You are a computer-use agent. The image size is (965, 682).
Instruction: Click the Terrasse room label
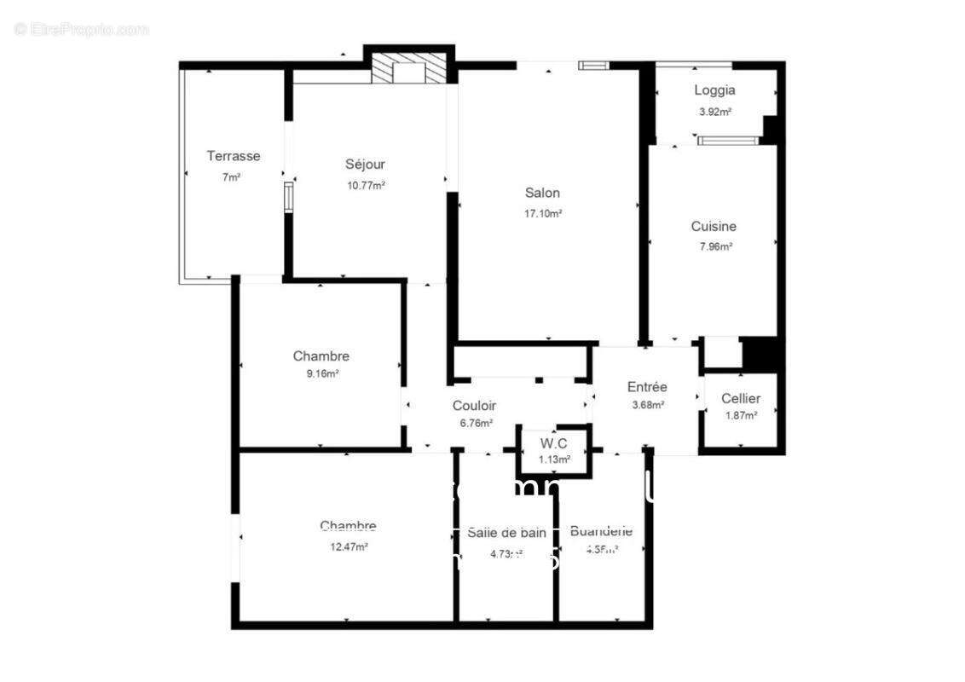coord(233,156)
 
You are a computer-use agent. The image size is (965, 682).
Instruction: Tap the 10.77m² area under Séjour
coord(366,185)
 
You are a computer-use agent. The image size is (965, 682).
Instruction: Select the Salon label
coord(542,193)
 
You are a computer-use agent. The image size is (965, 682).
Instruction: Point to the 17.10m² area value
coord(542,214)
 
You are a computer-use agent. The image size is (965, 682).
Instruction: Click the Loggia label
coord(714,90)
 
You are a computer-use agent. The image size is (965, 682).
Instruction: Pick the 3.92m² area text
coord(714,111)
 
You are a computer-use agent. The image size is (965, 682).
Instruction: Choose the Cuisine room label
coord(714,227)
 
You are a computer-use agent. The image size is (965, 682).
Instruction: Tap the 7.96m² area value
coord(714,247)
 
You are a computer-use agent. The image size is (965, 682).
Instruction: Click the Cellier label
coord(740,398)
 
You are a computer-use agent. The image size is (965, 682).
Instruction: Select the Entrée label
coord(647,387)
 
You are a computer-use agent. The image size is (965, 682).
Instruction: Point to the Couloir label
coord(474,406)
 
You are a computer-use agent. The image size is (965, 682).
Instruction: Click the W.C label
coord(553,442)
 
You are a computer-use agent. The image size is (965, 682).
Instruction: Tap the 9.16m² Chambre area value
coord(321,373)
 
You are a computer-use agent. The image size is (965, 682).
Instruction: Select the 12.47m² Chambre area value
coord(348,546)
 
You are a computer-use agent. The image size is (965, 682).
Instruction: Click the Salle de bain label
coord(506,533)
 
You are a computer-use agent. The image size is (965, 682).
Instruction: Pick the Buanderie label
coord(601,531)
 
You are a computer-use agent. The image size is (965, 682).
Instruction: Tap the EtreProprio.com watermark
coord(81,29)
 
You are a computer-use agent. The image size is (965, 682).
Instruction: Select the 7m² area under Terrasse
coord(232,176)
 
